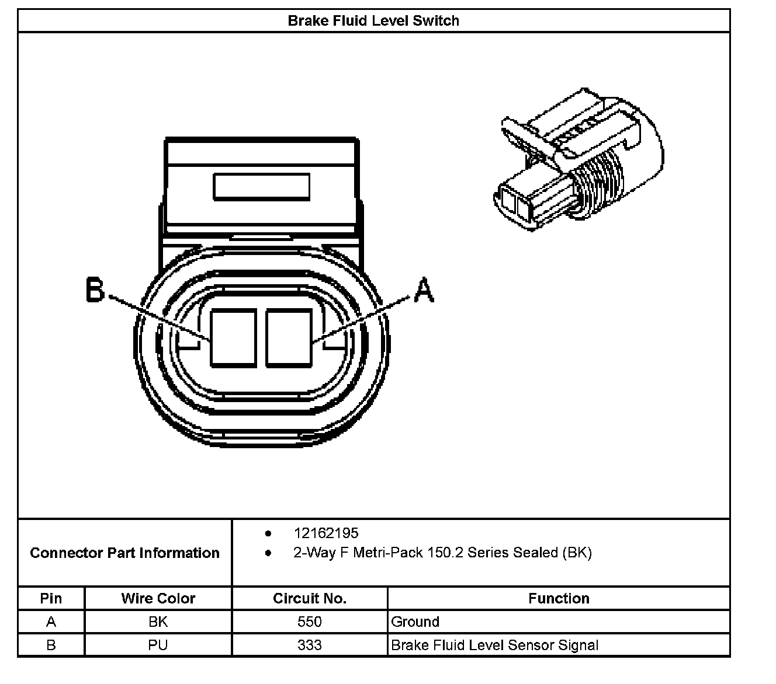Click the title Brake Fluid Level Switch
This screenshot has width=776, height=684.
click(373, 21)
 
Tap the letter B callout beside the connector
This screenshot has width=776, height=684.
click(95, 289)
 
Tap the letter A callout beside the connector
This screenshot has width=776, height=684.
click(424, 290)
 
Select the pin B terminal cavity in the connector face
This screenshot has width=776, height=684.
click(233, 338)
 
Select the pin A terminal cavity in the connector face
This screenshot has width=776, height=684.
click(289, 338)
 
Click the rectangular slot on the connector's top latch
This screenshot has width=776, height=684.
click(261, 187)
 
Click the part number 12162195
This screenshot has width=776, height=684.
click(326, 533)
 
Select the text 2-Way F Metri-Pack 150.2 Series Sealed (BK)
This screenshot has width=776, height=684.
click(442, 553)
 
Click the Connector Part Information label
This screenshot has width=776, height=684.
click(124, 553)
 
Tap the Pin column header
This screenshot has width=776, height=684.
click(51, 598)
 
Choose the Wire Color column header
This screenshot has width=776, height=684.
click(158, 598)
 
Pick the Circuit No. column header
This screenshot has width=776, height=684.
click(310, 598)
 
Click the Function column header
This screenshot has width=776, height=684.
click(559, 598)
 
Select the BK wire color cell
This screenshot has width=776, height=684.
click(158, 622)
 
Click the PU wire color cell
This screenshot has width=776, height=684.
click(158, 645)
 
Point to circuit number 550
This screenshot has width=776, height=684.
click(310, 622)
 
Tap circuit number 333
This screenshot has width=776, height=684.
click(310, 645)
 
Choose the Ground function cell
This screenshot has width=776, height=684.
click(415, 622)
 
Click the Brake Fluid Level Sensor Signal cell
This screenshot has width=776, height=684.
click(495, 645)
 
